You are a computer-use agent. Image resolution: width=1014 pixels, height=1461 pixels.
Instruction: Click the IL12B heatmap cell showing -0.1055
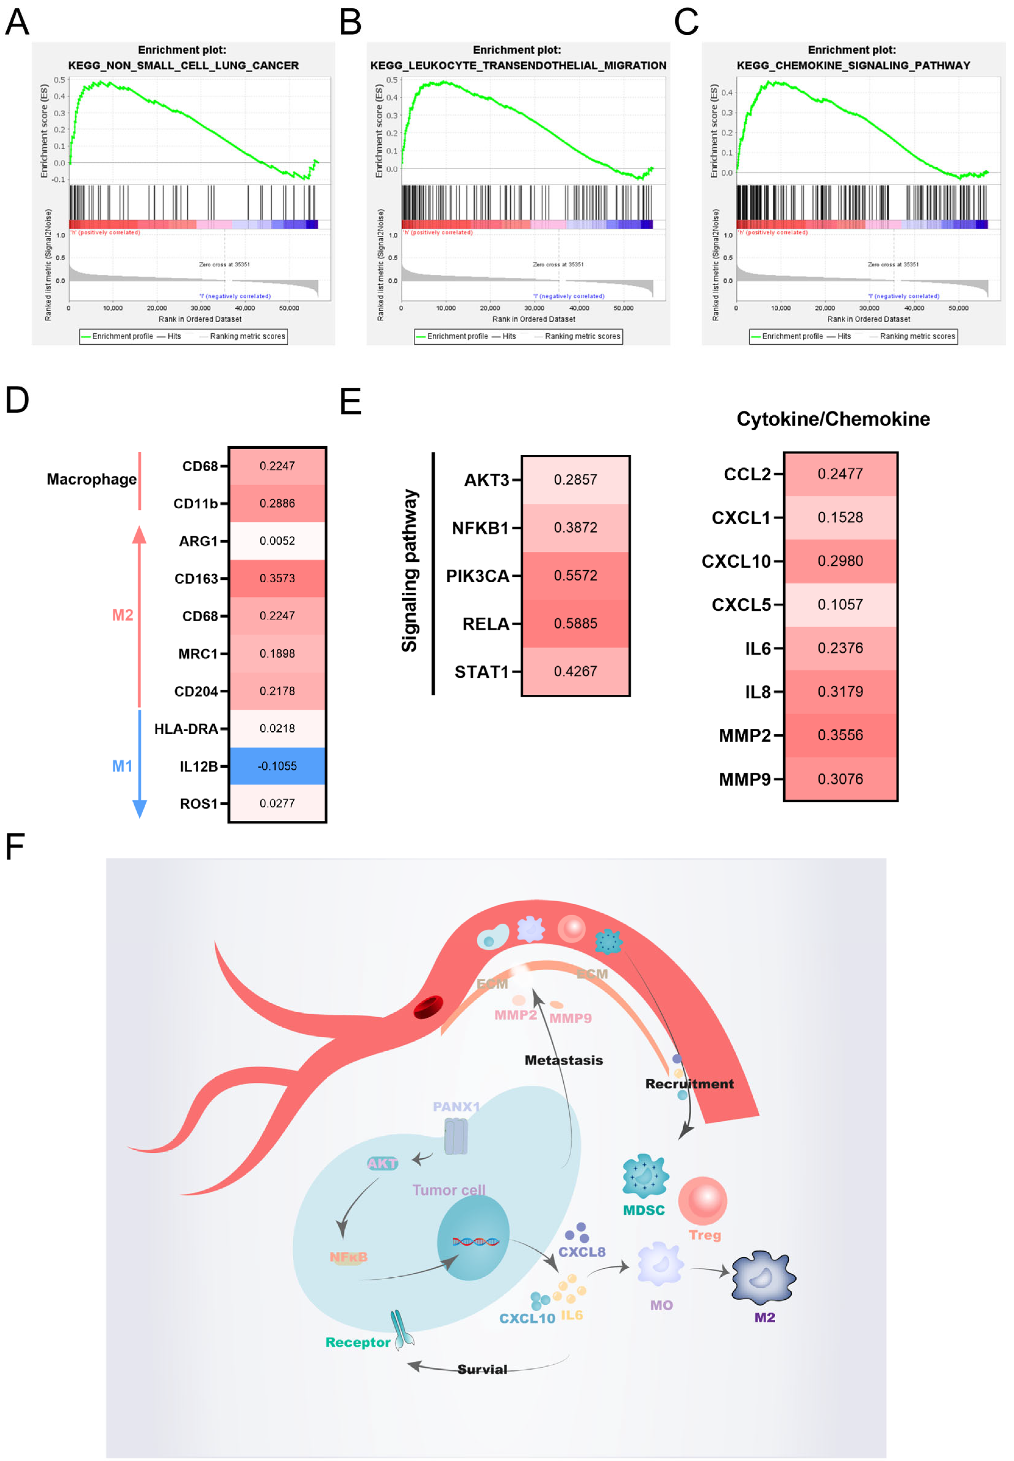(277, 766)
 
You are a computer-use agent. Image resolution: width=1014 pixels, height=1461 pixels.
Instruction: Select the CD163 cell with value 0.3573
(277, 578)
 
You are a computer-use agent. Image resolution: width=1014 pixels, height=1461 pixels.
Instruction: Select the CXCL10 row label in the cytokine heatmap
(736, 561)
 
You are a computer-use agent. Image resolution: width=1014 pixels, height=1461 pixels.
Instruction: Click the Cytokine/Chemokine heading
(833, 419)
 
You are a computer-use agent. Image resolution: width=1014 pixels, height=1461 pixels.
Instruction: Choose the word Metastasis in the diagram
(564, 1060)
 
